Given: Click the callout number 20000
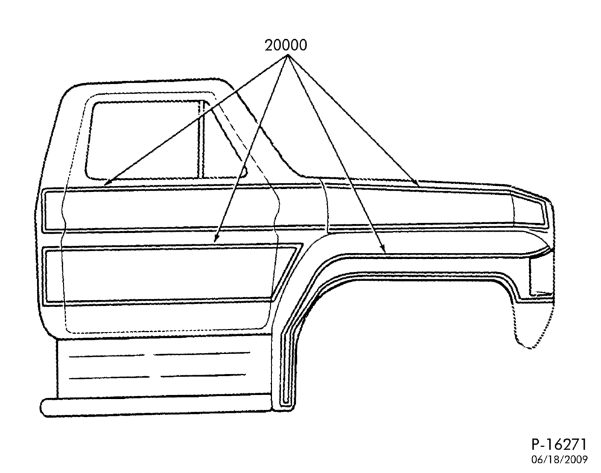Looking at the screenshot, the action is point(285,45).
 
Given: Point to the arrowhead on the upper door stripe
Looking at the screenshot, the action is point(109,182).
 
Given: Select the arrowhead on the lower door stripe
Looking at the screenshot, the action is point(217,238).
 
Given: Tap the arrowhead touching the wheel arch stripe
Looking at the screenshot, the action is point(382,248).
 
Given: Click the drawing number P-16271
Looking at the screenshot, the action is point(559,445).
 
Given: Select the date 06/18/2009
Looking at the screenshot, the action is point(559,459).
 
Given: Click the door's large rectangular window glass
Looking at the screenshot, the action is point(144,140).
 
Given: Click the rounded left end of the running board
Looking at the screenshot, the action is point(46,407).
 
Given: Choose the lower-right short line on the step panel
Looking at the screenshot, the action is point(203,375).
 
